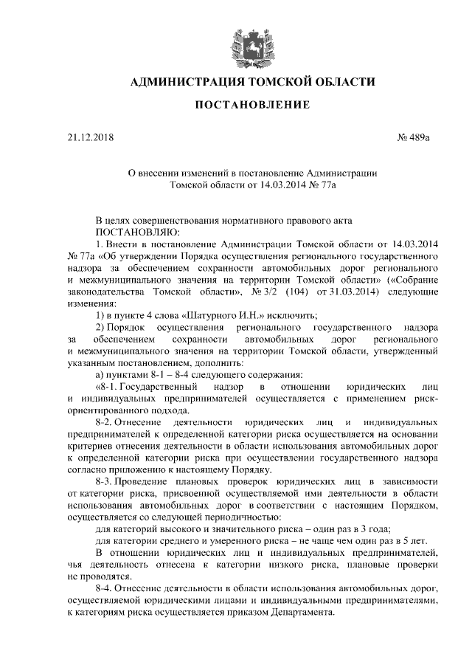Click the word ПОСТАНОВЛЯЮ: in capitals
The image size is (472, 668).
(x=119, y=231)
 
